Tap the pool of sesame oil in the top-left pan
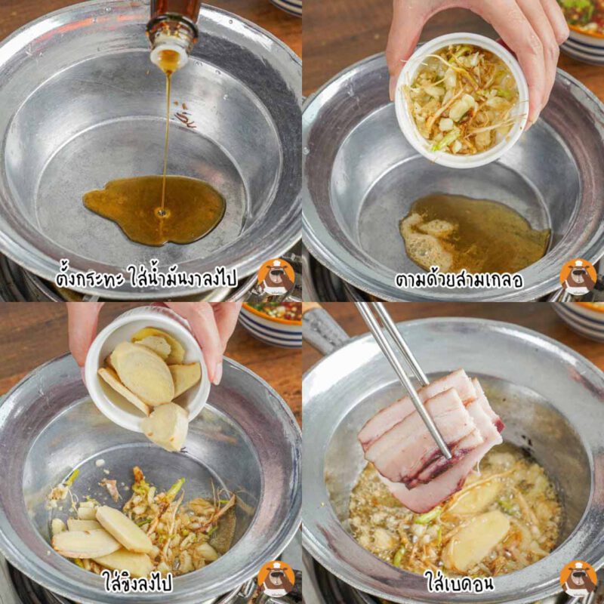154,209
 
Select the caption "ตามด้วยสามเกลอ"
459,280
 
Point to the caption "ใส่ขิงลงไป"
137,581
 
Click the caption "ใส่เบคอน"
459,581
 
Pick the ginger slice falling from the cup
165,427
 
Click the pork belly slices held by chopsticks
430,439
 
